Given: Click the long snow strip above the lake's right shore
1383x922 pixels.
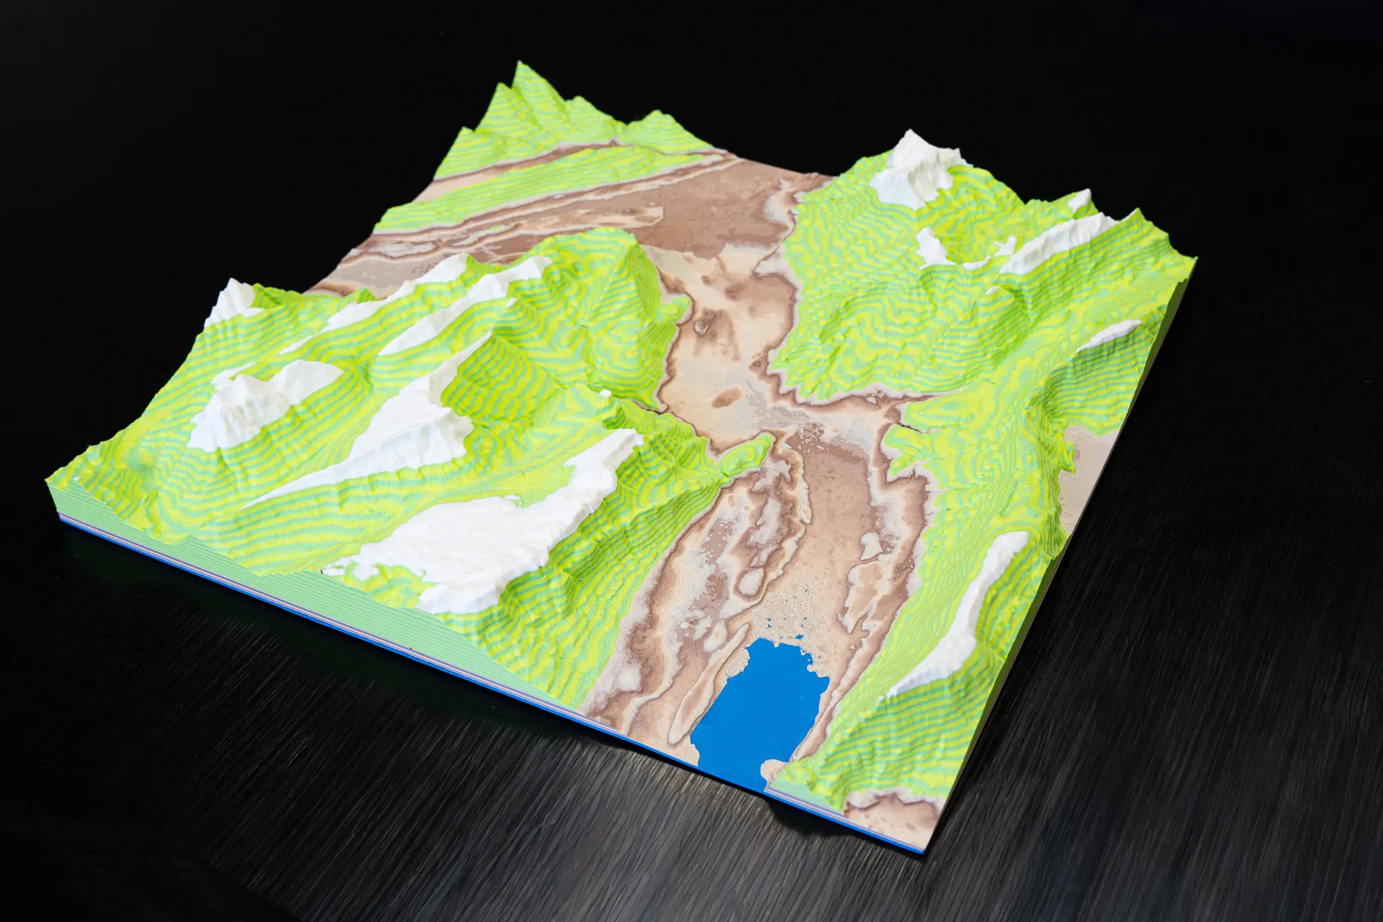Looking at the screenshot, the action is tap(959, 608).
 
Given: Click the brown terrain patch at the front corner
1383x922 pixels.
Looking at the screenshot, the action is tap(891, 807).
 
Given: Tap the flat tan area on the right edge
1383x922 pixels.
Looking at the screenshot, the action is tap(1087, 466).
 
